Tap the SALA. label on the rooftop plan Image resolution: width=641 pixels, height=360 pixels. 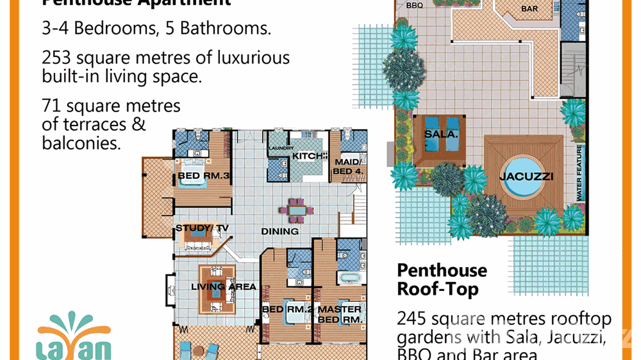(441, 135)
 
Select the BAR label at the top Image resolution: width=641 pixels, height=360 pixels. (529, 9)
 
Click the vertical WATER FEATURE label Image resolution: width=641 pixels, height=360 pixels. (579, 172)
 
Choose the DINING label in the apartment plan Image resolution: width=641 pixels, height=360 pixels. (280, 232)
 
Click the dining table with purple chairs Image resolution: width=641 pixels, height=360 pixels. (298, 210)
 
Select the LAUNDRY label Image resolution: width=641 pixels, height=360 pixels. (281, 148)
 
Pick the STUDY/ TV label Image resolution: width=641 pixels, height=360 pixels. (202, 228)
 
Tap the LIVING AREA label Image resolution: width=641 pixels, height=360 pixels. (224, 287)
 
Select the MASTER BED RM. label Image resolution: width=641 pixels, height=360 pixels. (340, 314)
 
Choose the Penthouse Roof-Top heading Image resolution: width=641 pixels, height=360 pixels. (442, 280)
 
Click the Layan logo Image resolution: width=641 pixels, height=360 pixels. (75, 337)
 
